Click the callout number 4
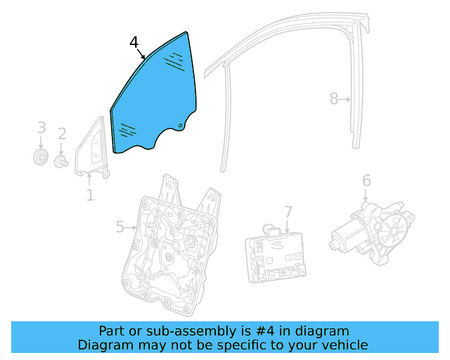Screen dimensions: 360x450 [x=134, y=43]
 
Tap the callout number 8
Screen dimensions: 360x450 [x=334, y=99]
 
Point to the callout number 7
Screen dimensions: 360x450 [x=288, y=212]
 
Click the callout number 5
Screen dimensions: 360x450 [x=120, y=226]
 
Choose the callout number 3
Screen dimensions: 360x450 [x=41, y=128]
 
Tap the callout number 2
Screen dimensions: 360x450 [x=62, y=134]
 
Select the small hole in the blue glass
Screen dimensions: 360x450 [x=180, y=127]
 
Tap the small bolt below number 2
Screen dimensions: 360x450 [x=61, y=162]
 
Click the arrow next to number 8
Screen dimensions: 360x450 [x=345, y=100]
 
